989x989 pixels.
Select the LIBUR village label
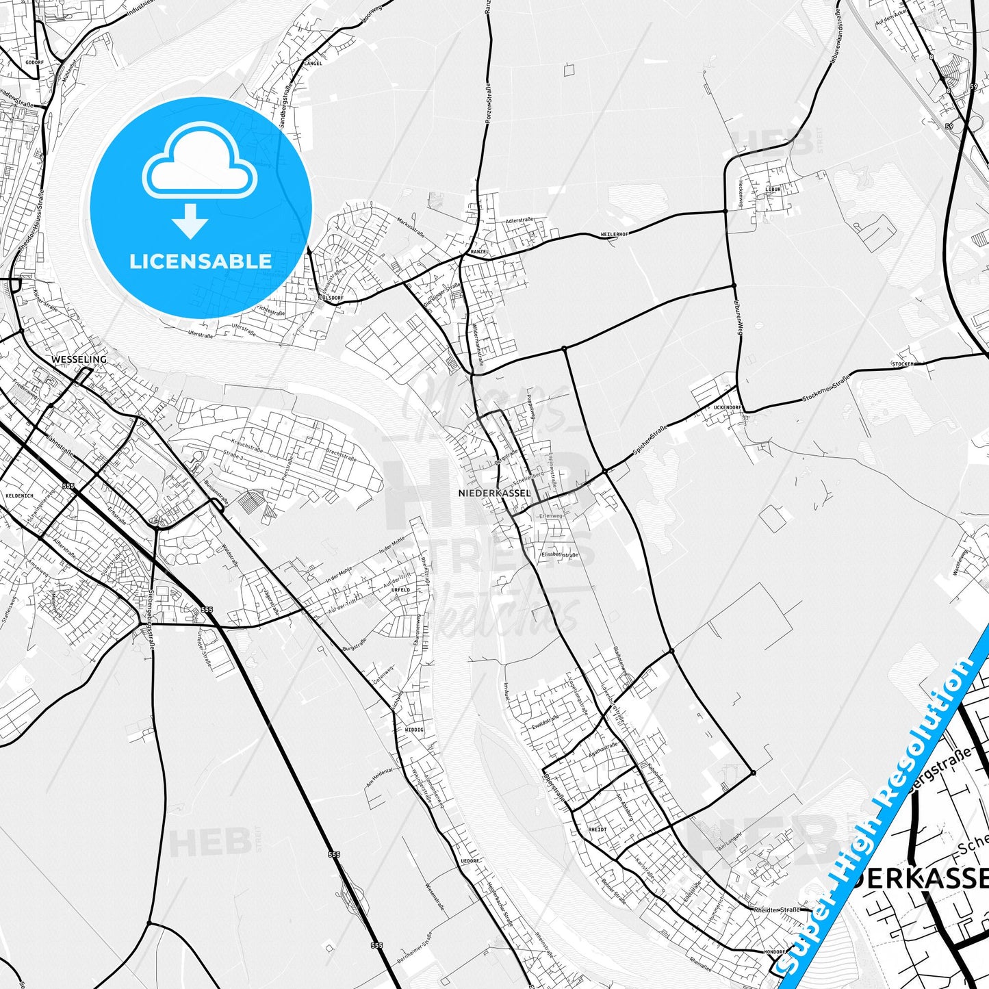point(773,189)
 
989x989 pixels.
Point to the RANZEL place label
point(480,252)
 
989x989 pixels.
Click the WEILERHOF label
point(614,234)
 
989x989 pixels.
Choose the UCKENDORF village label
point(727,407)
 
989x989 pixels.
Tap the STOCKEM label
point(902,364)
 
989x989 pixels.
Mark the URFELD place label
point(400,589)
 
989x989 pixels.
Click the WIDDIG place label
point(414,730)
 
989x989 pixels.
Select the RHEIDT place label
point(598,830)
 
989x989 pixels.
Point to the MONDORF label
point(775,952)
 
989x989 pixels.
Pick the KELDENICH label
point(14,494)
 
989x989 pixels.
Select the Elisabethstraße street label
point(559,554)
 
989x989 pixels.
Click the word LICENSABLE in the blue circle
point(201,261)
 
